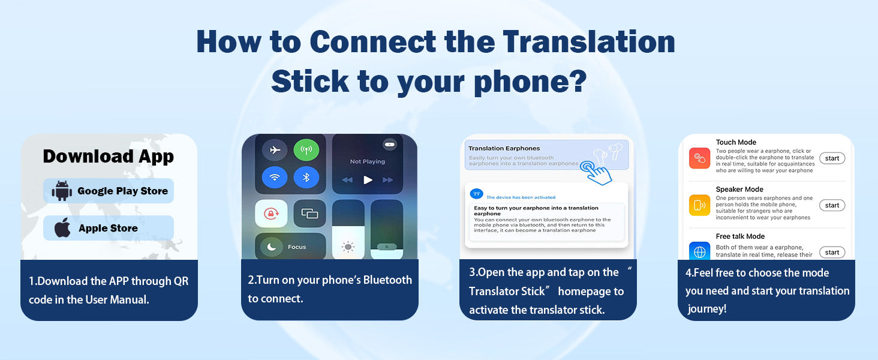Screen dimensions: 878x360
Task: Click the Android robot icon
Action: [x=62, y=191]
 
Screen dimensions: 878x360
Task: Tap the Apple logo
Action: [x=62, y=227]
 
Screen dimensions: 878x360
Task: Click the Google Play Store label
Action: [x=123, y=191]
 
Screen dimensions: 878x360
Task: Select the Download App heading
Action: [x=108, y=157]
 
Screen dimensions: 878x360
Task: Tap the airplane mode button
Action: [x=275, y=150]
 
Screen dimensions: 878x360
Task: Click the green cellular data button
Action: [x=306, y=150]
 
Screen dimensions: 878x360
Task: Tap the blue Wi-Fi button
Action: [x=275, y=178]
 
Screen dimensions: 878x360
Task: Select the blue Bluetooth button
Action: [x=306, y=178]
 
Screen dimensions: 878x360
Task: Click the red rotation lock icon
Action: [x=271, y=214]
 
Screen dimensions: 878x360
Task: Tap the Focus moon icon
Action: [x=272, y=247]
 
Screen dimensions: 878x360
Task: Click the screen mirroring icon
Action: [x=309, y=214]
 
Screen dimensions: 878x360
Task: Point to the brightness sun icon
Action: [x=348, y=247]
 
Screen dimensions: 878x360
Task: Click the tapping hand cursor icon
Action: [x=596, y=173]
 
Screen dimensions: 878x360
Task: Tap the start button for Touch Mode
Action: [x=832, y=158]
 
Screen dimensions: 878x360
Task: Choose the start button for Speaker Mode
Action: [x=832, y=205]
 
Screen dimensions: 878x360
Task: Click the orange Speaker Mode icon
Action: [x=700, y=205]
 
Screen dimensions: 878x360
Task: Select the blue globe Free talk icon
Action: [x=700, y=251]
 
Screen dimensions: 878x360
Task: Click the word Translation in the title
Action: [x=589, y=41]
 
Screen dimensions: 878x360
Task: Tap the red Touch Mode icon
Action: [x=700, y=158]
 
